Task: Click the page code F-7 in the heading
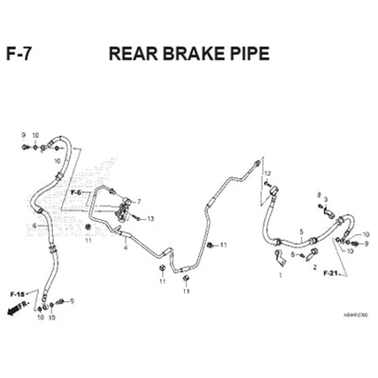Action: click(19, 53)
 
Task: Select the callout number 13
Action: click(150, 219)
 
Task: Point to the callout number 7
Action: click(139, 202)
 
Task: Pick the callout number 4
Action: click(125, 247)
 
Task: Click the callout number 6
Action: click(34, 226)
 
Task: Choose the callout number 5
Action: click(301, 232)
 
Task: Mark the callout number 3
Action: click(326, 200)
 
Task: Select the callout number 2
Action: click(315, 267)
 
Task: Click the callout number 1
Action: click(280, 275)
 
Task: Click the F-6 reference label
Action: click(76, 193)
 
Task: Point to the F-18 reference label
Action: click(17, 293)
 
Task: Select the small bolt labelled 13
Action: click(137, 218)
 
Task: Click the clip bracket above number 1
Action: click(281, 258)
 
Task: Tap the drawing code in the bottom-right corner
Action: click(356, 315)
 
